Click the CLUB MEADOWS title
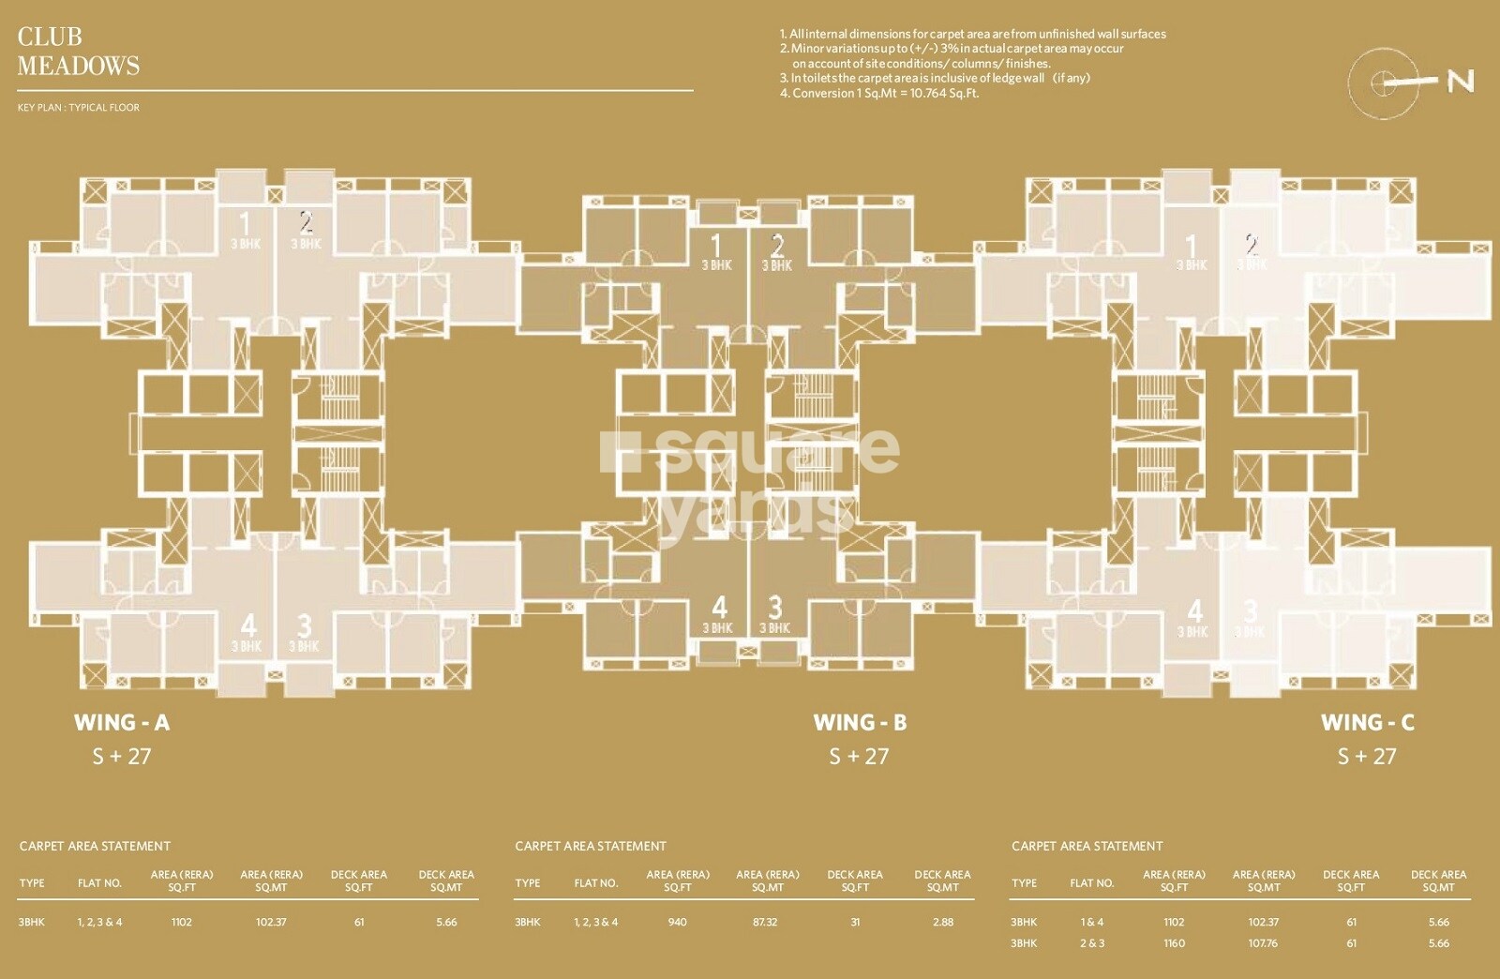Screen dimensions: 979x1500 click(78, 51)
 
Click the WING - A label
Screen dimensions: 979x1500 click(122, 722)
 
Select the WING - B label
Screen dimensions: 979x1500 click(860, 722)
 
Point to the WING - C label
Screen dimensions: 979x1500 click(1367, 722)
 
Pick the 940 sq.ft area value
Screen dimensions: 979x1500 click(677, 922)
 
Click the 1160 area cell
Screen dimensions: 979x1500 click(1174, 943)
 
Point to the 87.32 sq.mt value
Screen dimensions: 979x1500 click(765, 922)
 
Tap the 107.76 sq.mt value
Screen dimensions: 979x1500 click(1263, 943)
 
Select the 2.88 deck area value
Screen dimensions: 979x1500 click(942, 922)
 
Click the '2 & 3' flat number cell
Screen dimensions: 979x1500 click(1092, 943)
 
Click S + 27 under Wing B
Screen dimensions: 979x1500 click(859, 756)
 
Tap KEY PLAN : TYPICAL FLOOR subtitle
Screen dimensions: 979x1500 click(78, 108)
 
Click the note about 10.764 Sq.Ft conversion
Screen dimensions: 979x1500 click(879, 93)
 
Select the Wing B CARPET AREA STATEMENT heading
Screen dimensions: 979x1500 click(591, 846)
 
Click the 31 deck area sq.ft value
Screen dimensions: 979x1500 click(855, 922)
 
